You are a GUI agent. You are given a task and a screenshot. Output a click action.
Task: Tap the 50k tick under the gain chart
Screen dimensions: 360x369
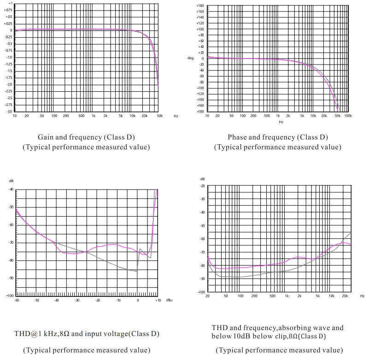160,116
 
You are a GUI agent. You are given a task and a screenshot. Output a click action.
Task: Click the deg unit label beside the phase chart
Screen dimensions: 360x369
190,58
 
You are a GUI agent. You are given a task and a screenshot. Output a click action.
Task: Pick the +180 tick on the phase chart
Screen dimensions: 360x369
200,6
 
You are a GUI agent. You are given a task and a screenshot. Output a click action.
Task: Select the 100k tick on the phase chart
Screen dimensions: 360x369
348,116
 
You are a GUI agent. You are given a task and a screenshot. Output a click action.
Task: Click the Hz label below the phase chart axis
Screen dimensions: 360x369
281,122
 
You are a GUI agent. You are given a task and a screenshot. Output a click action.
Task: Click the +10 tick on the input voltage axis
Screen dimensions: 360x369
157,300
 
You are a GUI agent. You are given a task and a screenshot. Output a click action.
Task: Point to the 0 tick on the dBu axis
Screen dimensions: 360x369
137,300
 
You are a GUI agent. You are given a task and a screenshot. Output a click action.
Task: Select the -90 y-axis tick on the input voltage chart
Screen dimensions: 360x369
11,278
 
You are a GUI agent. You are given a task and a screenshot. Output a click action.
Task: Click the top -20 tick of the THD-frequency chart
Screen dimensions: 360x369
202,186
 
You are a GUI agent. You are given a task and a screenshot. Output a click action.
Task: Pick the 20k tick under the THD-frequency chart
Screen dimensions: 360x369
344,296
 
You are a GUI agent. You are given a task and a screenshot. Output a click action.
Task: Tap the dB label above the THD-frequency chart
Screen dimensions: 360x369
202,179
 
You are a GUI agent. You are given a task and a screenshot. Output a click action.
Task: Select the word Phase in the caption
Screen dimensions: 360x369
237,137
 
